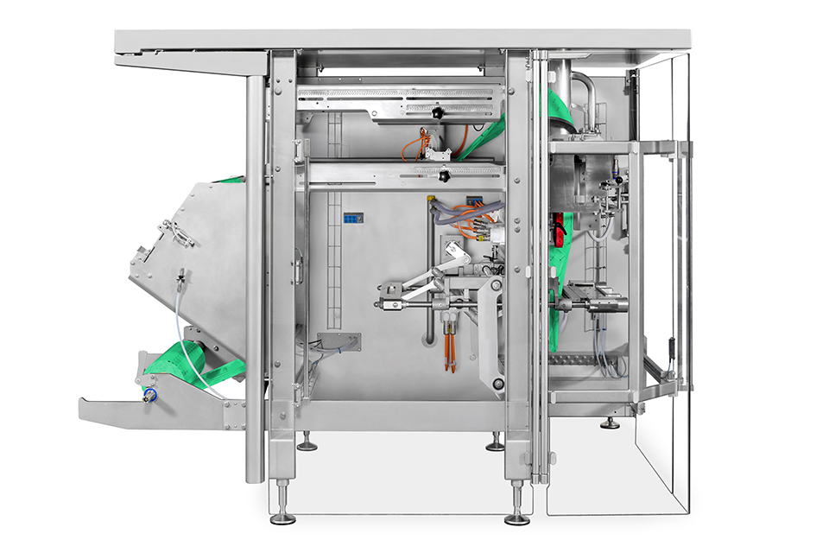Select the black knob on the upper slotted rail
pos(439,113)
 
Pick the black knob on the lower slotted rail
pos(444,176)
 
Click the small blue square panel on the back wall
pos(351,219)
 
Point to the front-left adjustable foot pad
pos(282,518)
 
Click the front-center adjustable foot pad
pos(517,518)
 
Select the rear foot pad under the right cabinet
pos(610,423)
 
